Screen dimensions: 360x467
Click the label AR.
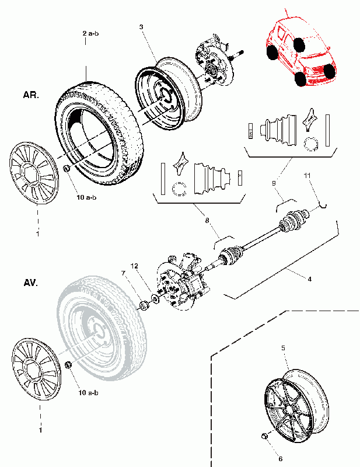pos(31,95)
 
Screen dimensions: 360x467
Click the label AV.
pos(31,283)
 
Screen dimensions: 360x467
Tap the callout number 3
pos(141,27)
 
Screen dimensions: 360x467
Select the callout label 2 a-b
pos(90,33)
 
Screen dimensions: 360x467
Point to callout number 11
pos(307,176)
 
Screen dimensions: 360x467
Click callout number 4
pos(310,279)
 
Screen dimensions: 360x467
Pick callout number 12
pos(135,266)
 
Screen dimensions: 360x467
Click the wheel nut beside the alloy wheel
pos(264,436)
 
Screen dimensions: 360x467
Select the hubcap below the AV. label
pos(36,370)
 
